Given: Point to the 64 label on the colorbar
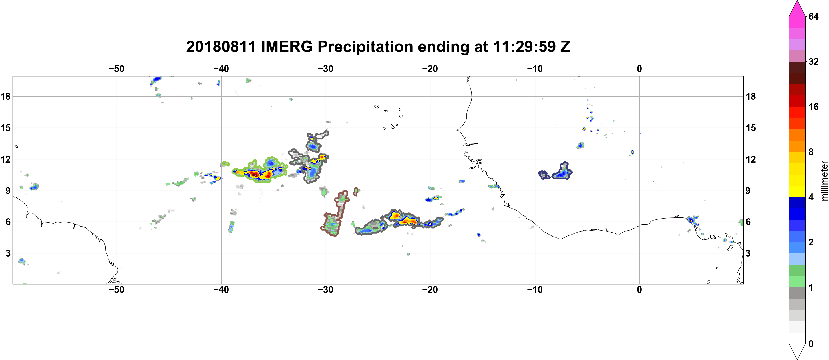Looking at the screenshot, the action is (813, 16).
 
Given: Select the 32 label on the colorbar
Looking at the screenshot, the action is (813, 61).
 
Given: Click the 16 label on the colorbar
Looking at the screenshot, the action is (813, 107).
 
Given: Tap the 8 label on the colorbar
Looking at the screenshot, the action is (811, 152).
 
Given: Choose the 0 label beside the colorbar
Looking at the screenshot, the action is (811, 344).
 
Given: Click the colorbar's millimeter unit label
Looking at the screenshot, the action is (824, 181).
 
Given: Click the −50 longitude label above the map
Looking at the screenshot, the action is (116, 69).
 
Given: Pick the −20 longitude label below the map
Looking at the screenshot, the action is (430, 289).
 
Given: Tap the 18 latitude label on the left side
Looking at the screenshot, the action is (5, 96).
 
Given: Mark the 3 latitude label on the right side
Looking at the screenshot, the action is (748, 253).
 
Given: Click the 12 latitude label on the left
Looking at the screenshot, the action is (5, 159).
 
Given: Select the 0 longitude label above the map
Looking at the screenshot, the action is (639, 69).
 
